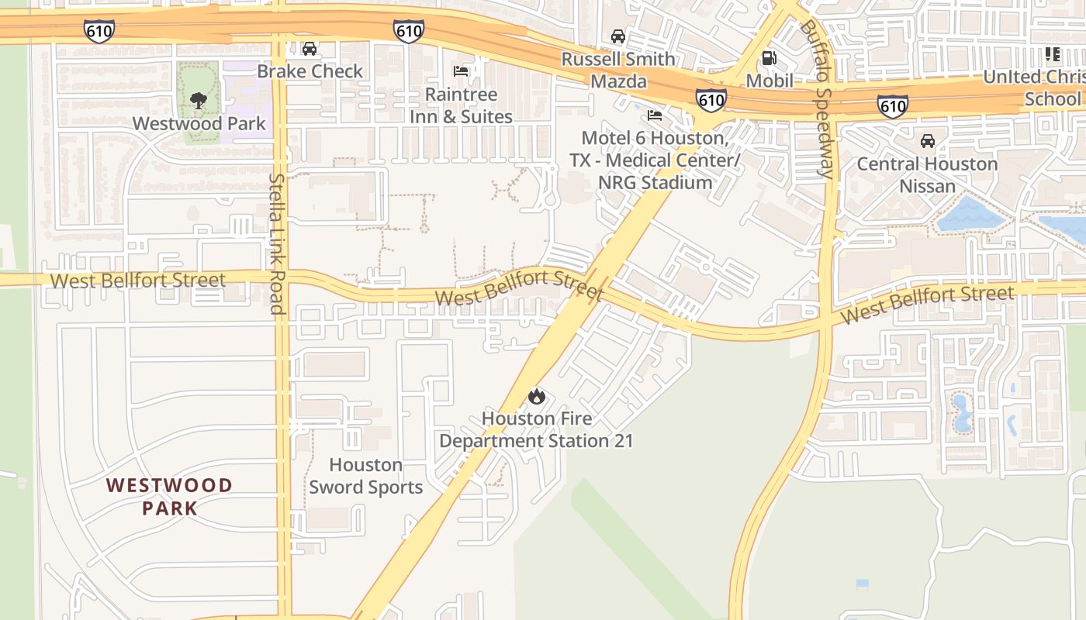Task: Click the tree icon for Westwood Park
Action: pyautogui.click(x=199, y=100)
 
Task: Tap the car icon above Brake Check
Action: pyautogui.click(x=310, y=49)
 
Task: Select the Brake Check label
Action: pyautogui.click(x=310, y=71)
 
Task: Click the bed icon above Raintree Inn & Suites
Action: pyautogui.click(x=461, y=71)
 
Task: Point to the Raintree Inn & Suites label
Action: pyautogui.click(x=461, y=105)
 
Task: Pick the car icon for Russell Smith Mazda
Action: pyautogui.click(x=618, y=36)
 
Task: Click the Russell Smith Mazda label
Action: pyautogui.click(x=618, y=70)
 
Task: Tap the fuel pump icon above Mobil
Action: pyautogui.click(x=769, y=57)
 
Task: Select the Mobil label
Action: pyautogui.click(x=770, y=81)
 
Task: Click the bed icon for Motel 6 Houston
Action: pyautogui.click(x=655, y=115)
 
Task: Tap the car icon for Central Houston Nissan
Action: pyautogui.click(x=927, y=141)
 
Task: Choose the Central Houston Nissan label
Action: pyautogui.click(x=927, y=175)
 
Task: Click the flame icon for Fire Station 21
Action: pyautogui.click(x=536, y=397)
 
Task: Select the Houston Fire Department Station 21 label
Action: pyautogui.click(x=536, y=429)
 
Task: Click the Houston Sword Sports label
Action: pyautogui.click(x=366, y=476)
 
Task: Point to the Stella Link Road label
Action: pyautogui.click(x=277, y=243)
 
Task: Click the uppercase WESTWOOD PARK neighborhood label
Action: pyautogui.click(x=169, y=497)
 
